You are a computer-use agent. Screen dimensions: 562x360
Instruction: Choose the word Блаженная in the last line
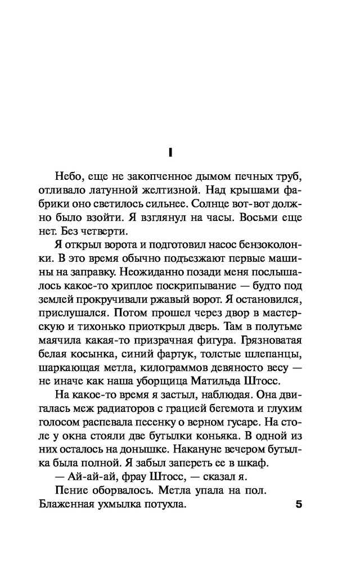tap(71, 505)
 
